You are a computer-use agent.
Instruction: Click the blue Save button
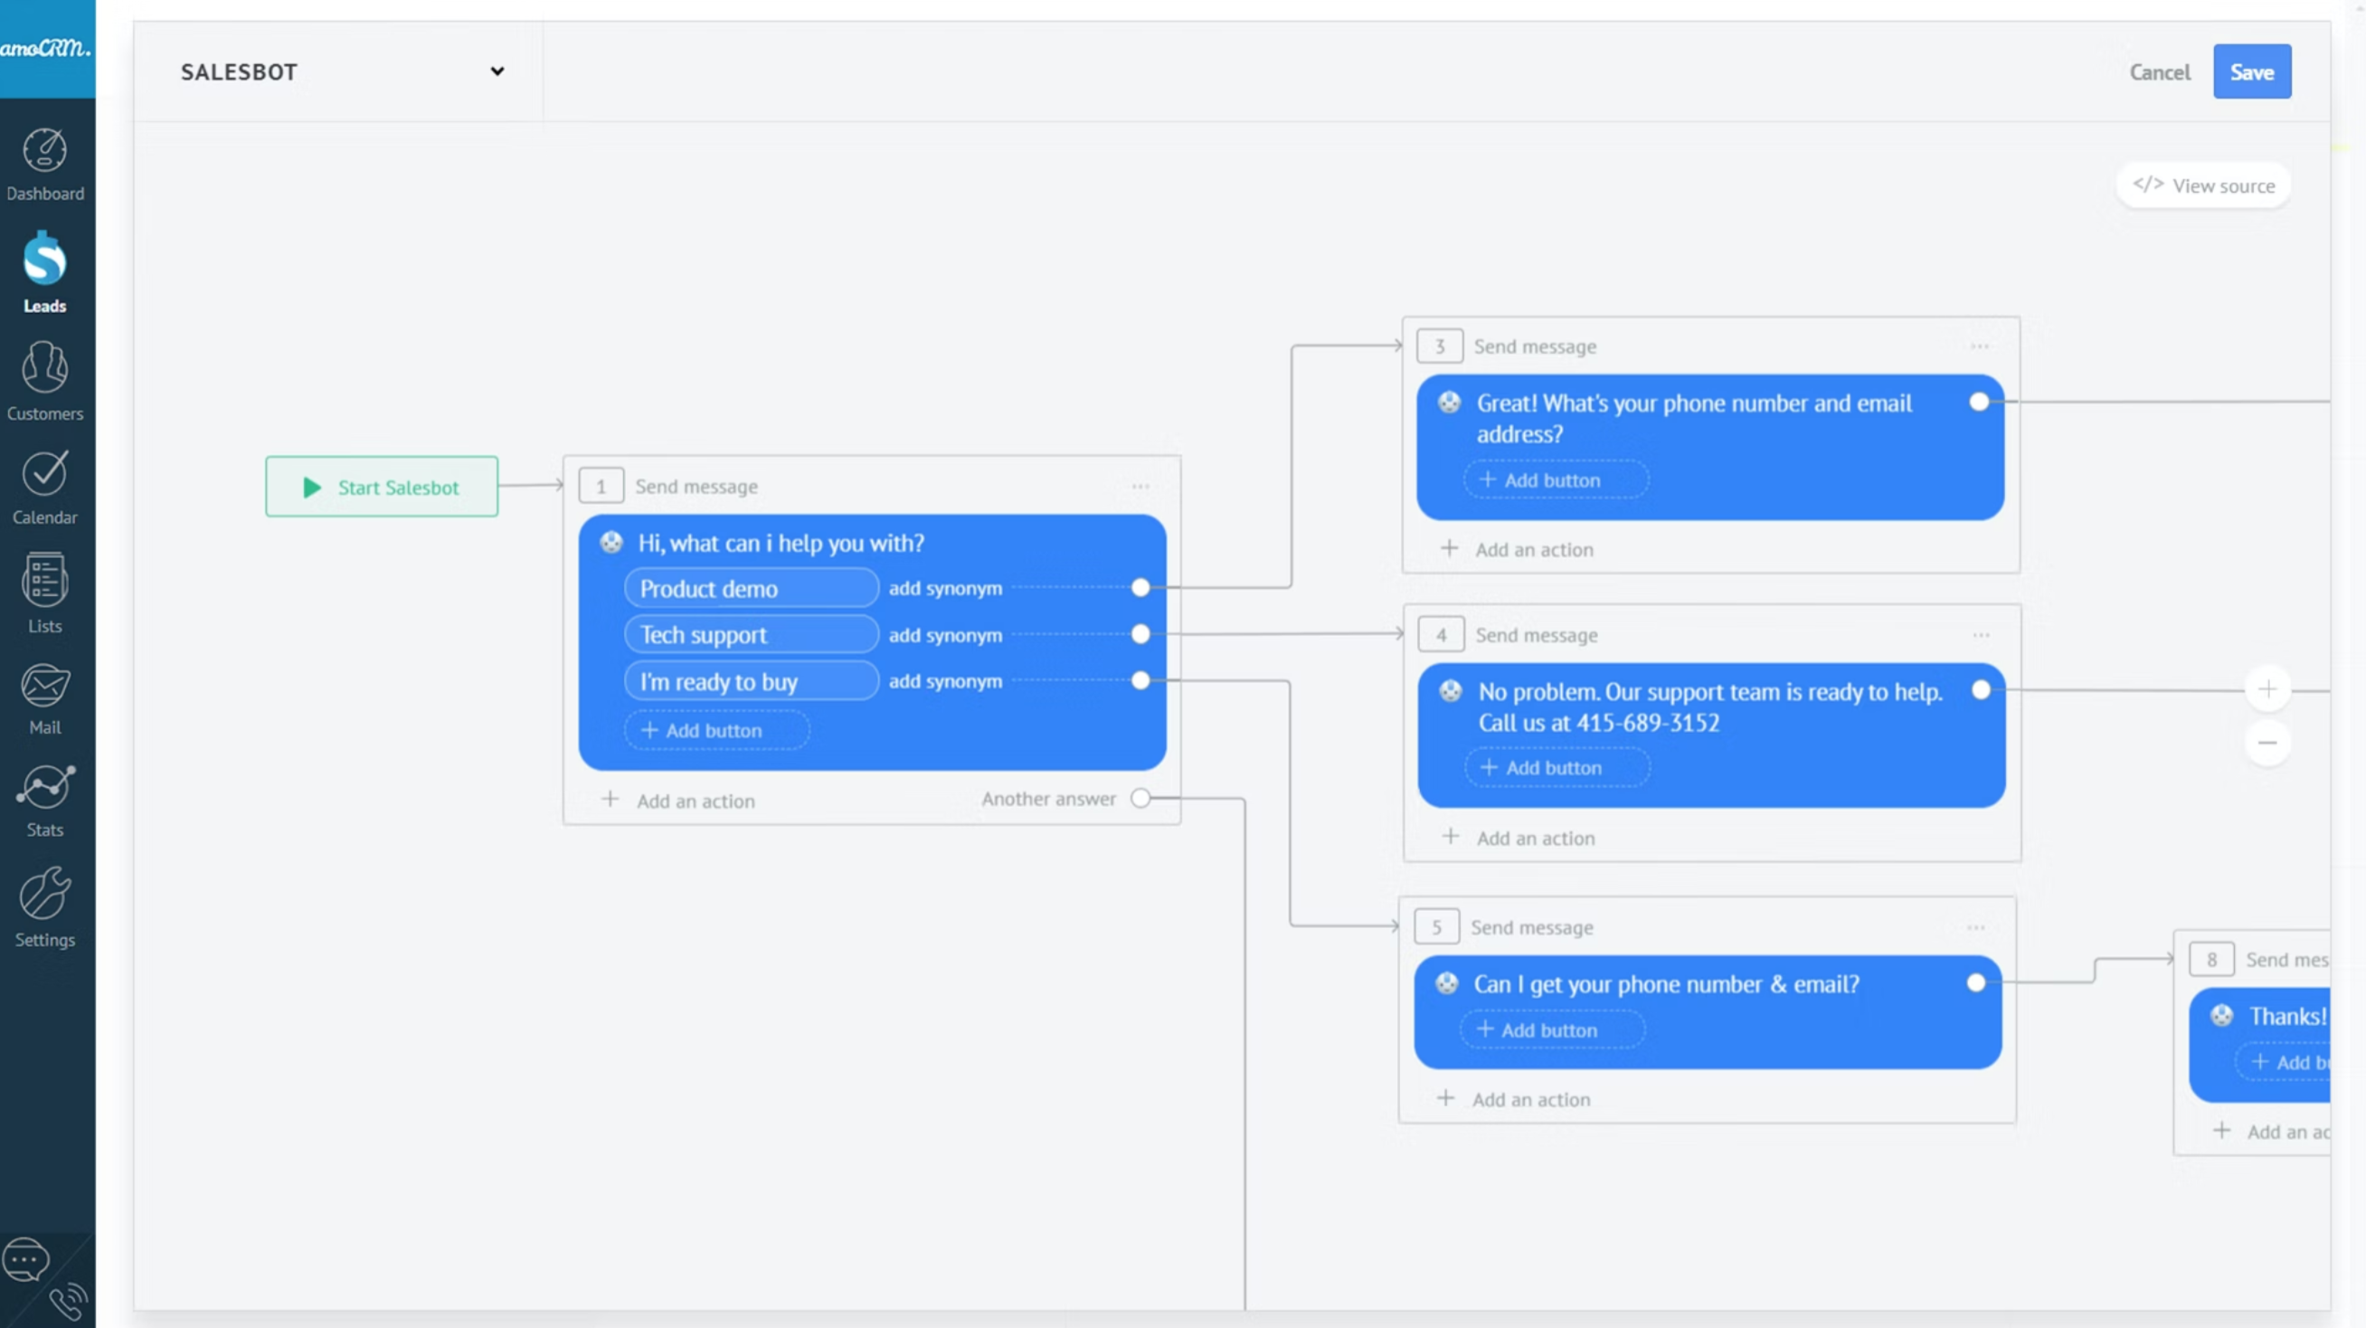click(2251, 71)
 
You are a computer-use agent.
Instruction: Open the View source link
click(2203, 185)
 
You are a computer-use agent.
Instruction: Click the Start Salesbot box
click(382, 487)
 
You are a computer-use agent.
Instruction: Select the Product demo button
click(752, 589)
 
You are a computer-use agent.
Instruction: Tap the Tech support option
click(752, 635)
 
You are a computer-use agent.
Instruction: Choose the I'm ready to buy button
click(752, 681)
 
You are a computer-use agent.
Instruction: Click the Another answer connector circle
click(1140, 798)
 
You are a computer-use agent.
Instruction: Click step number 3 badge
click(1439, 346)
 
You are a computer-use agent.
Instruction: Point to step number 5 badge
click(1436, 926)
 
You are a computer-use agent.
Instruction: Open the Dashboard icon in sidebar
click(45, 150)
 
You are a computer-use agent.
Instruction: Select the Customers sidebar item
click(45, 380)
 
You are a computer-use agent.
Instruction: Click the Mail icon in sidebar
click(45, 685)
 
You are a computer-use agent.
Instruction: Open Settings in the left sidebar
click(45, 907)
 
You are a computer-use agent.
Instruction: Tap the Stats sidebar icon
click(45, 787)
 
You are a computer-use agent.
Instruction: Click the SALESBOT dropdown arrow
click(497, 71)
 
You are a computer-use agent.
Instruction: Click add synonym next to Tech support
click(945, 636)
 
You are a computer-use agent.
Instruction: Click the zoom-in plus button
click(2267, 688)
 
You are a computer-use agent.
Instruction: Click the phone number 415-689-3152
click(1648, 723)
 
